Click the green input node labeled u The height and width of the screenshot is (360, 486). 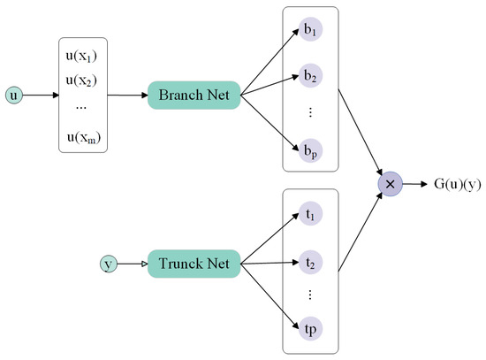tap(13, 93)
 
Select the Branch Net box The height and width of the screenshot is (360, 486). tap(194, 94)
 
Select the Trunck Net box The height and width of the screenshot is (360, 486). tap(194, 263)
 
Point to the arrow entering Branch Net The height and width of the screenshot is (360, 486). tap(128, 94)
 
